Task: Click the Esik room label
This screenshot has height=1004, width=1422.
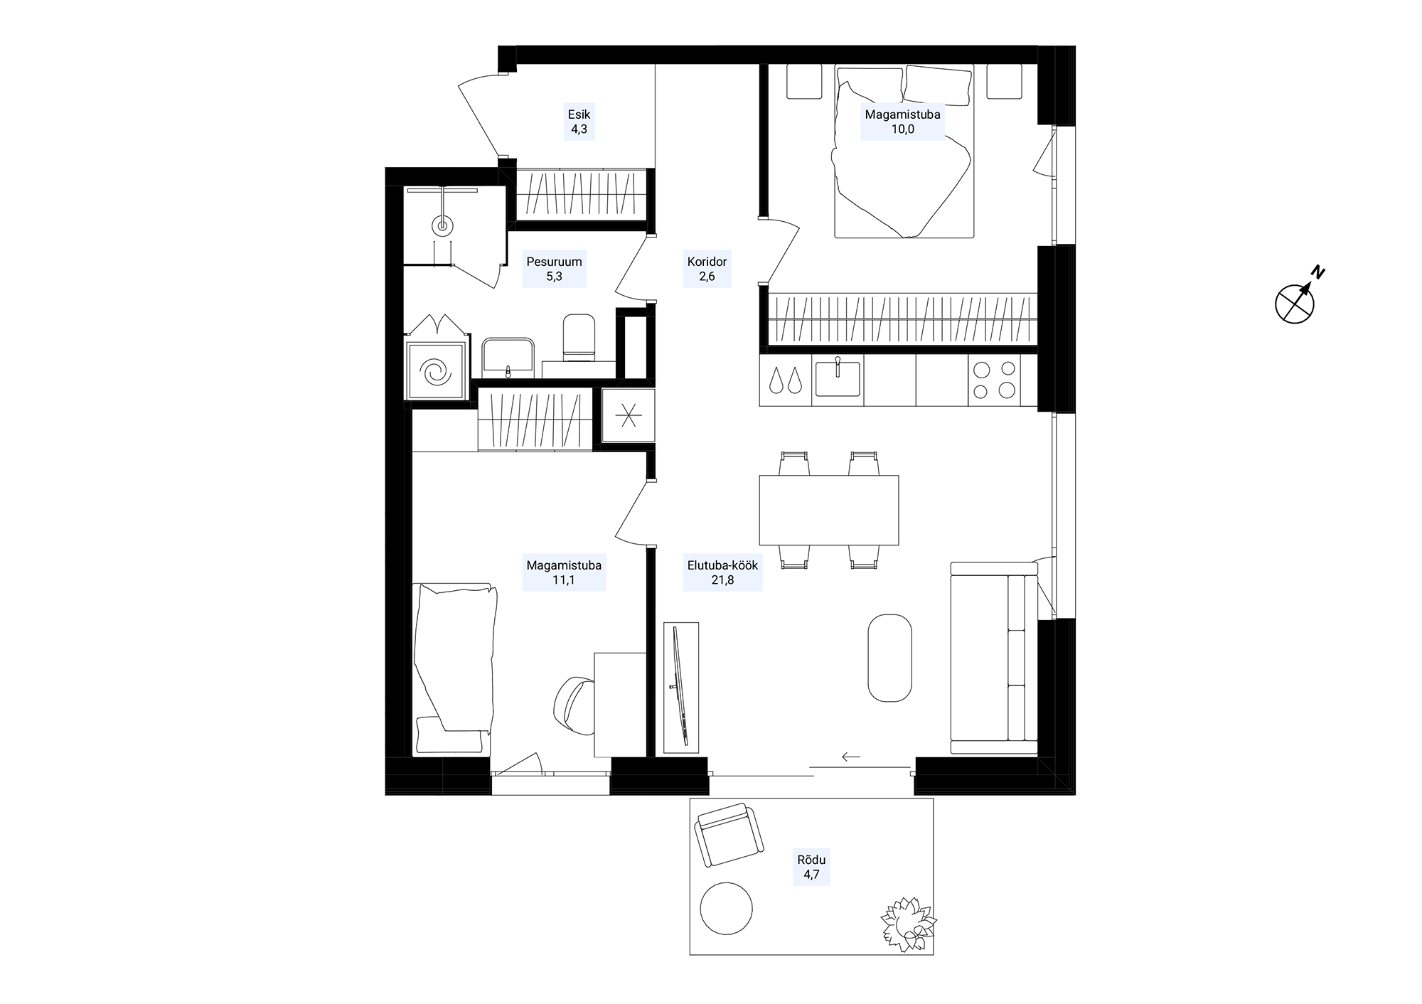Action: pyautogui.click(x=579, y=122)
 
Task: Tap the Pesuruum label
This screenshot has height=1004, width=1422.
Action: pyautogui.click(x=554, y=269)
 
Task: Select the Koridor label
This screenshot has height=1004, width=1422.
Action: pyautogui.click(x=707, y=269)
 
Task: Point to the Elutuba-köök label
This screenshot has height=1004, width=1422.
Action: pyautogui.click(x=722, y=572)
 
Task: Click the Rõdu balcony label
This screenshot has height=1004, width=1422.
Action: pyautogui.click(x=811, y=867)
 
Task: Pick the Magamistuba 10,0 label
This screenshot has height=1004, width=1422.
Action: pyautogui.click(x=902, y=122)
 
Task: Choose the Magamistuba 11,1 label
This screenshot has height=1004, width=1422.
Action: pyautogui.click(x=564, y=572)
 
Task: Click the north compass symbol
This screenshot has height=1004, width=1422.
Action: pyautogui.click(x=1296, y=301)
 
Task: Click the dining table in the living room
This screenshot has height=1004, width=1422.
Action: pyautogui.click(x=828, y=510)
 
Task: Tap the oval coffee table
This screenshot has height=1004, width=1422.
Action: pyautogui.click(x=889, y=658)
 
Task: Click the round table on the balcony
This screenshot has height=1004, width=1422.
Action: pyautogui.click(x=726, y=908)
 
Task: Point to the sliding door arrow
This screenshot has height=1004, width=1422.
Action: pyautogui.click(x=851, y=757)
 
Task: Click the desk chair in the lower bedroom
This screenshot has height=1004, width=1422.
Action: pyautogui.click(x=575, y=706)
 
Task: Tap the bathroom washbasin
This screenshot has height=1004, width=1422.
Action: pyautogui.click(x=508, y=356)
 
